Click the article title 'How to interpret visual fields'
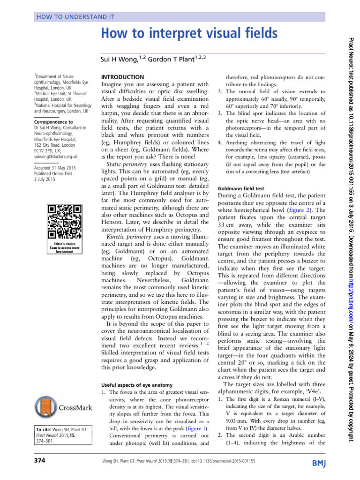(190, 34)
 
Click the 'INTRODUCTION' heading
(123, 77)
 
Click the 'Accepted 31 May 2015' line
(56, 167)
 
